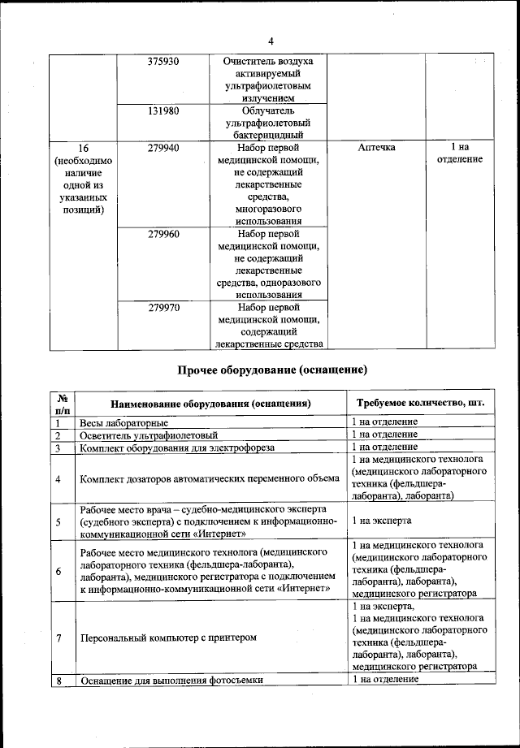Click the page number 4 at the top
[271, 41]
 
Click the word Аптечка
[376, 148]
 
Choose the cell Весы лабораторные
[124, 423]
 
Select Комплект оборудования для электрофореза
[178, 448]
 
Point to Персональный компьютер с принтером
[168, 638]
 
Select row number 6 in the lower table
[58, 572]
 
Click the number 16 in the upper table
[82, 148]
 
